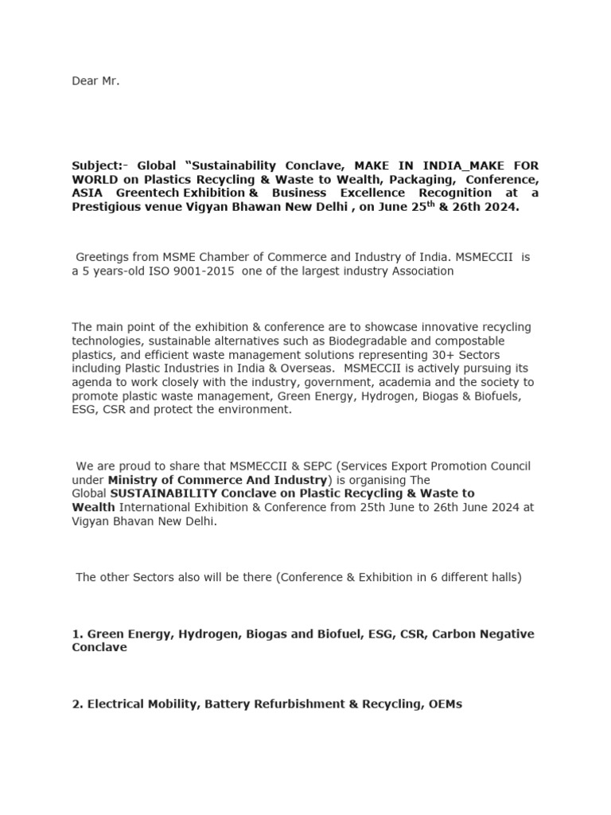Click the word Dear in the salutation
tap(84, 81)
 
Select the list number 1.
tap(77, 634)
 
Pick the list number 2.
tap(77, 704)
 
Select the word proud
tap(129, 466)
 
